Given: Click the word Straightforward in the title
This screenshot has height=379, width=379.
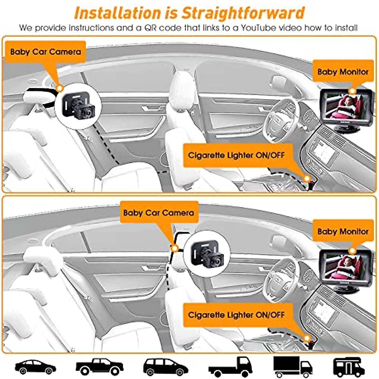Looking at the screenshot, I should [x=243, y=13].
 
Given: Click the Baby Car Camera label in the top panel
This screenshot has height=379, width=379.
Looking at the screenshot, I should [x=45, y=52].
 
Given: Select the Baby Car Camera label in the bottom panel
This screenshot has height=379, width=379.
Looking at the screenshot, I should [x=159, y=213].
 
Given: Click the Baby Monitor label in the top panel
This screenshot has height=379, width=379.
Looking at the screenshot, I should [x=343, y=72].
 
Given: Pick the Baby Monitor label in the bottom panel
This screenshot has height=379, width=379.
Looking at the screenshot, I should [x=343, y=232].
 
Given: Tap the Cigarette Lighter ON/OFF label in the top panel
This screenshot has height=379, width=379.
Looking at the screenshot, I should [x=236, y=155].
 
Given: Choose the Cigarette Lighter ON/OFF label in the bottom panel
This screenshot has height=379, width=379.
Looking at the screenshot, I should [x=236, y=315].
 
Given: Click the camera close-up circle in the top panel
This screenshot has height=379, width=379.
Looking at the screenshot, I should [x=78, y=106].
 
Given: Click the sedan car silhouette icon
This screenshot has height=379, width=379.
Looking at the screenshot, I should [x=35, y=367].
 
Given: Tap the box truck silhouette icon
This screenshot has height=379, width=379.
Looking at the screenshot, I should [x=292, y=366].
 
